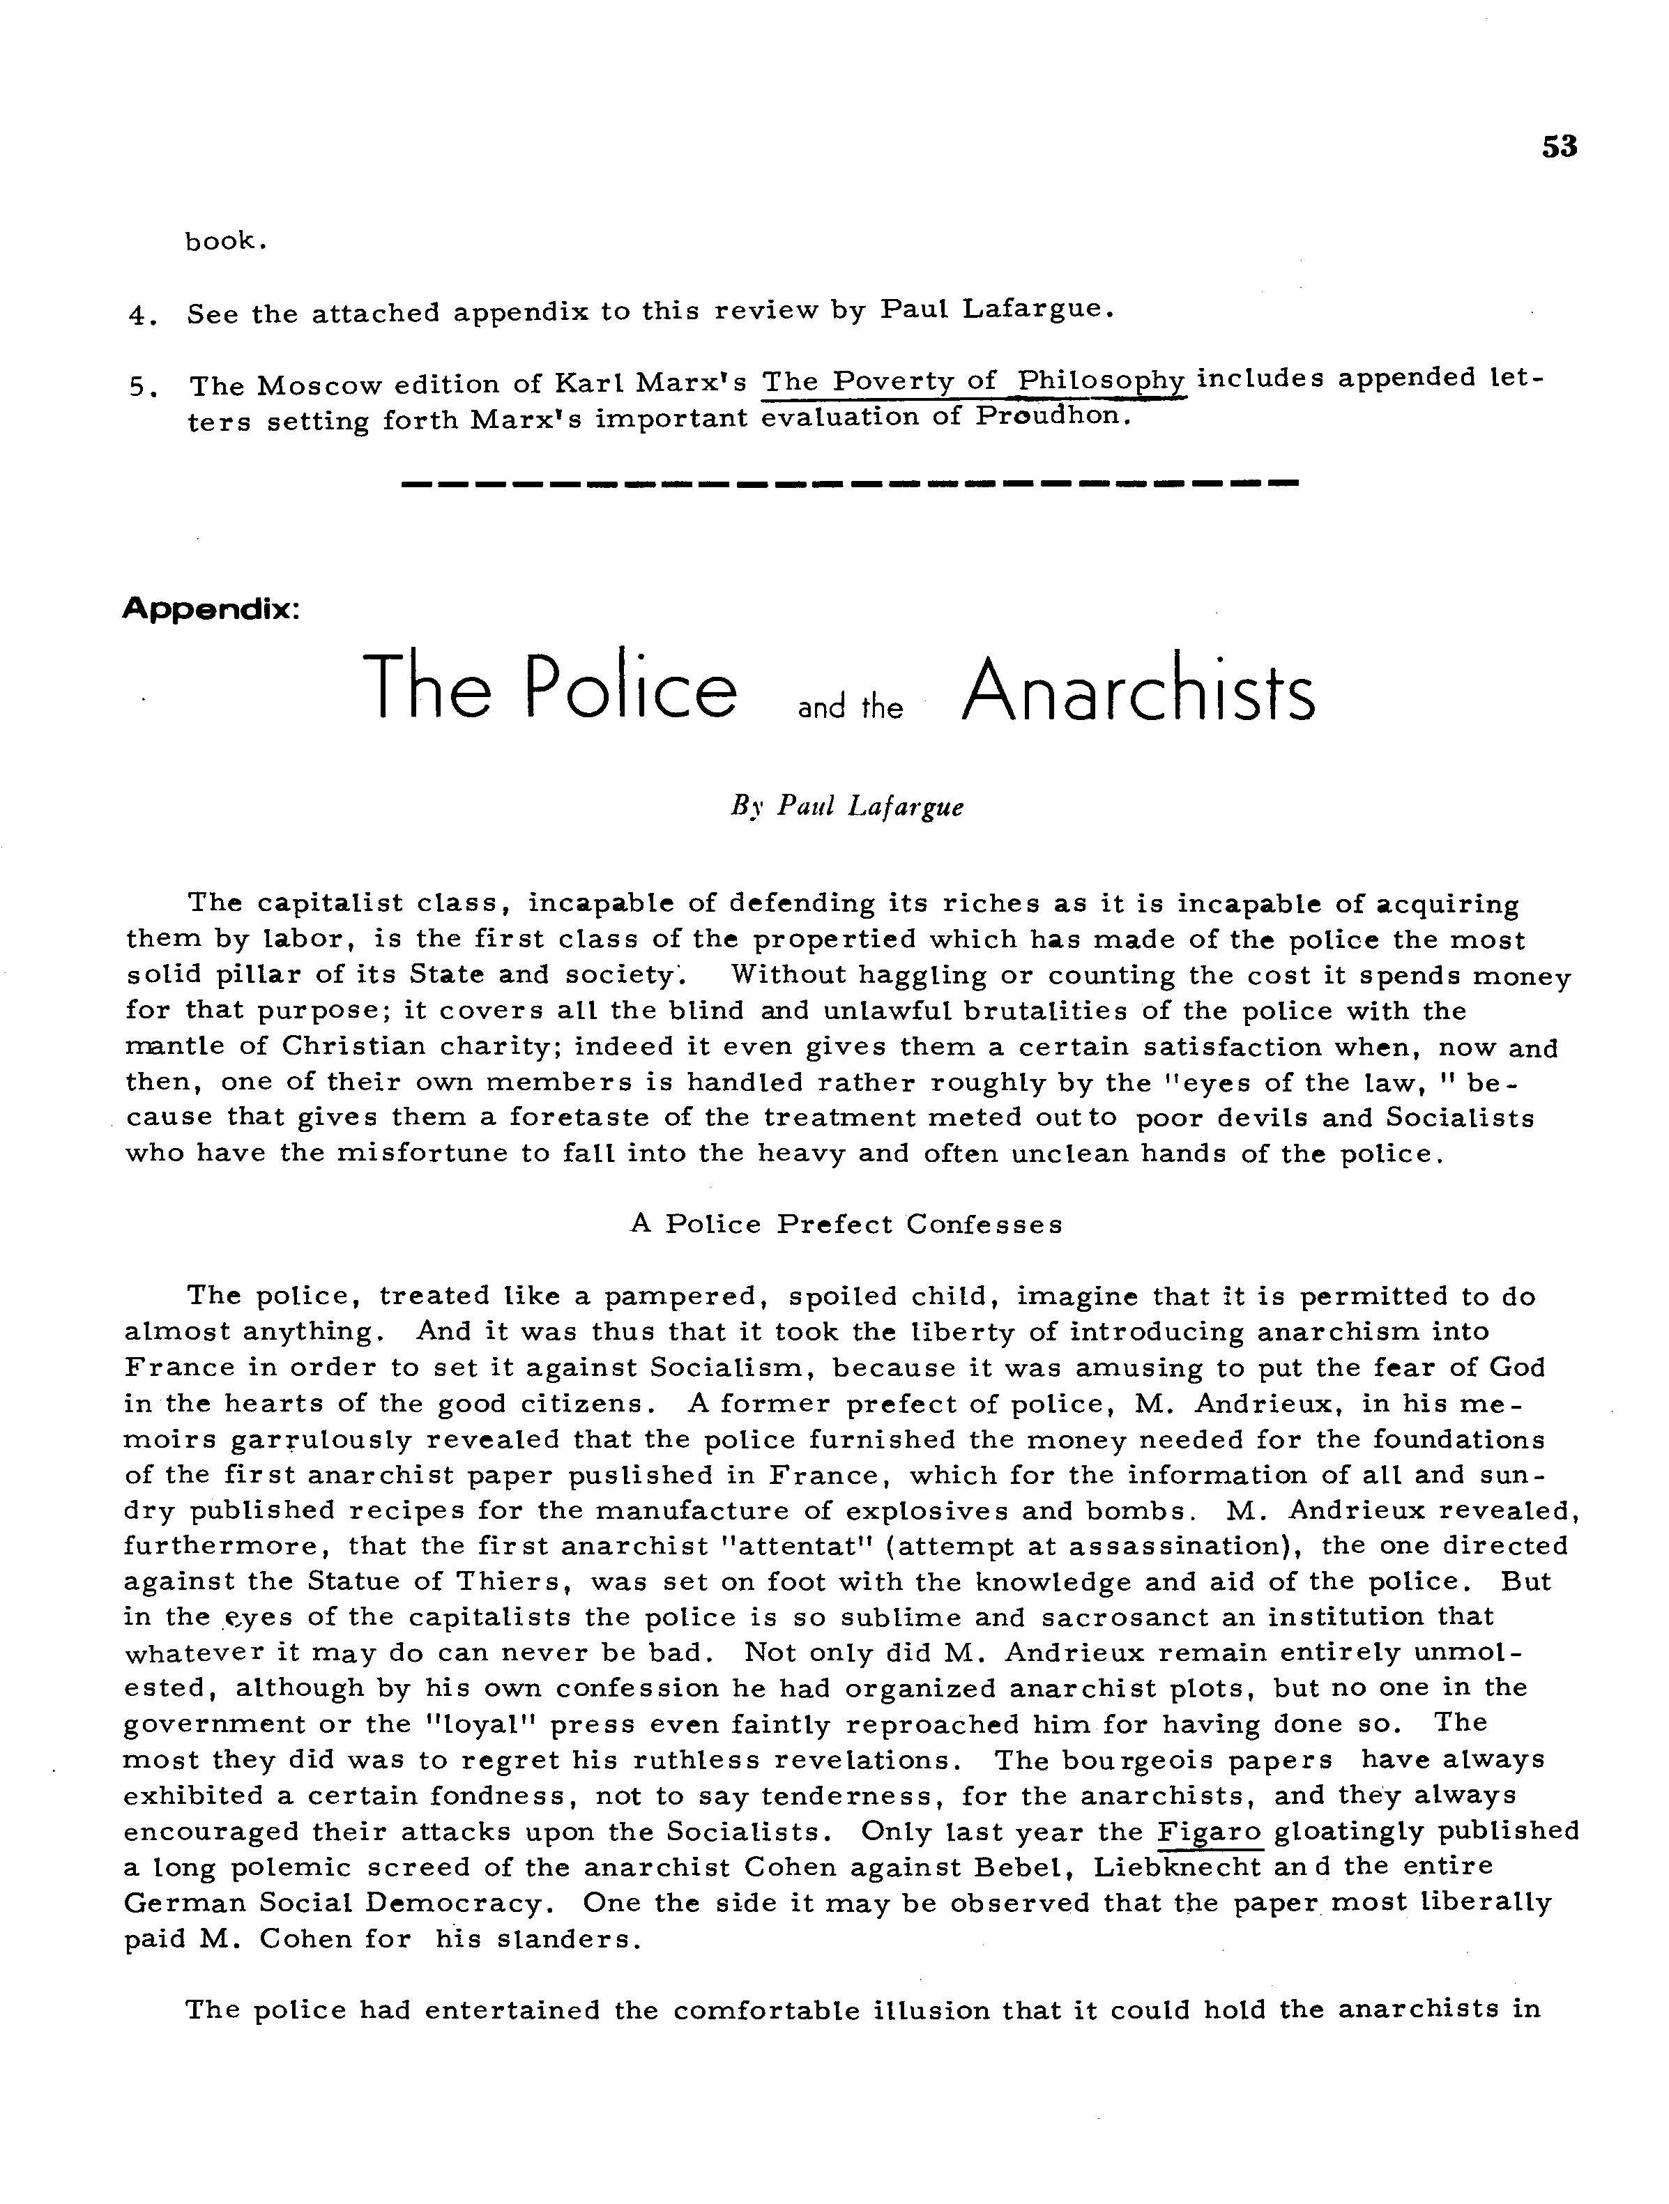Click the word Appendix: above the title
(211, 608)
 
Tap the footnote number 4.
(139, 317)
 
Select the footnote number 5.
(139, 388)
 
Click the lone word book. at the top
(225, 242)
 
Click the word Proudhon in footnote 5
(1052, 417)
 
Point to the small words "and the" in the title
(850, 708)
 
